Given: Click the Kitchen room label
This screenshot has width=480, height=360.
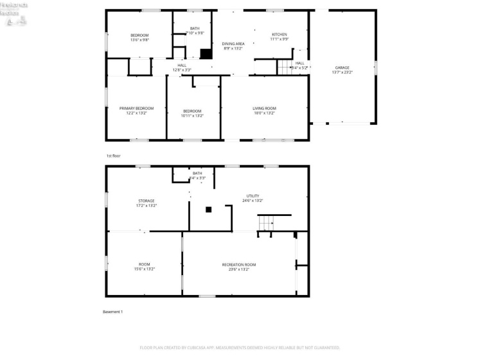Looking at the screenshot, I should tap(279, 35).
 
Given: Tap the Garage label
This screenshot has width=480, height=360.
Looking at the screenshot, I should tap(341, 67).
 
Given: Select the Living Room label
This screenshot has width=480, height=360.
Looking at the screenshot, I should tap(264, 109).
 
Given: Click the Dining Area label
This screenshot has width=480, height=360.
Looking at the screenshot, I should tap(233, 44).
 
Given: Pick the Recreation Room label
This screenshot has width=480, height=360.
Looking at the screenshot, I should tap(239, 265).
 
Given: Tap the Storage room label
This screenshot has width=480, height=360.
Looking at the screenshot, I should tap(146, 201).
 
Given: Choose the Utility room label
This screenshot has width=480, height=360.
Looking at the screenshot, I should tap(254, 195).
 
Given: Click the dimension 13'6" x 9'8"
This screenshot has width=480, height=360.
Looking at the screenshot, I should tap(139, 39).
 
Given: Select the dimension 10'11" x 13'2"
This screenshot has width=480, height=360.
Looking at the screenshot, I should tap(192, 116).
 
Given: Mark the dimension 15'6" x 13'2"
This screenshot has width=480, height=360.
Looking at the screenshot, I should tap(145, 269).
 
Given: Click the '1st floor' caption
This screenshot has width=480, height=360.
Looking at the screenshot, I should tap(113, 156).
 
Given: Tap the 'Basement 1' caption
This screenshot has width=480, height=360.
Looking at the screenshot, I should tap(112, 312).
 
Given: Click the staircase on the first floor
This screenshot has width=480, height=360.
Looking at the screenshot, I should tap(285, 66).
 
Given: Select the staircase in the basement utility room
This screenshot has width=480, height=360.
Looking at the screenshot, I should tap(267, 222).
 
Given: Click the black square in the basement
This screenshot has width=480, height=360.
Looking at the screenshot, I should tap(208, 209).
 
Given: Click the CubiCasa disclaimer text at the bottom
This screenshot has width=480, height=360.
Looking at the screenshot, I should tap(240, 348).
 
